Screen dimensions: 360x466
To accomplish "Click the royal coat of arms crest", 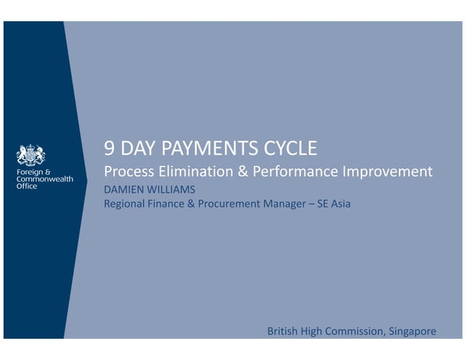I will click(x=31, y=155).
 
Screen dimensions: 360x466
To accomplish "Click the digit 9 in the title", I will click(x=110, y=150).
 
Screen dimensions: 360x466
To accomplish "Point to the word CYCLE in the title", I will click(x=286, y=150).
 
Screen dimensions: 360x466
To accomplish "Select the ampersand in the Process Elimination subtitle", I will click(x=240, y=172).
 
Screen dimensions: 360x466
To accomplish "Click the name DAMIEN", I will click(x=125, y=190).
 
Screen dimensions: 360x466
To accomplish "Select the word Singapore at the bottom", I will click(x=411, y=332).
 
